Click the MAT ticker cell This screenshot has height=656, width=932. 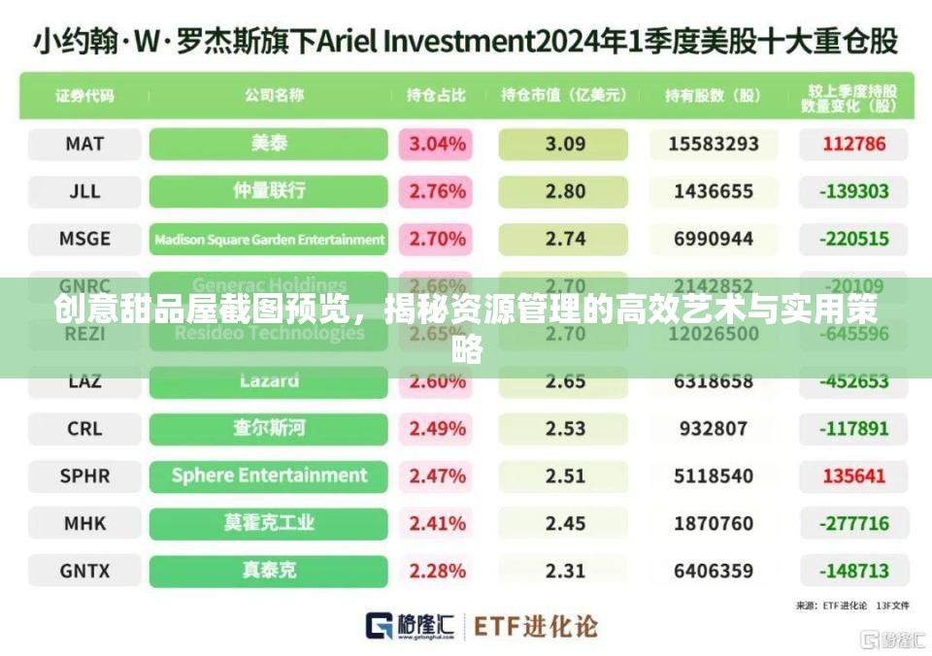(x=84, y=144)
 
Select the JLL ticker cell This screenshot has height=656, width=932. (x=84, y=191)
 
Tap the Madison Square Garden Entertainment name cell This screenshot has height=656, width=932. (x=269, y=239)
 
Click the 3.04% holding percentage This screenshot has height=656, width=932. (x=437, y=144)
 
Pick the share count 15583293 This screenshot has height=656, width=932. (x=714, y=144)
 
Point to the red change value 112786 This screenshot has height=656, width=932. (x=854, y=144)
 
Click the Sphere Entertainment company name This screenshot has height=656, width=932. (x=269, y=476)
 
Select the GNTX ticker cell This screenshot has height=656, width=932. (x=84, y=571)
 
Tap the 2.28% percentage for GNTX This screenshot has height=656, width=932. (x=437, y=571)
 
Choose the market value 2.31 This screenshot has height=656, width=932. (x=565, y=571)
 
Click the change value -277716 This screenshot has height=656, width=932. (x=854, y=523)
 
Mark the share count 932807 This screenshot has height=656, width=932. (x=714, y=428)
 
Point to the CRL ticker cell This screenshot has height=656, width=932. (x=84, y=428)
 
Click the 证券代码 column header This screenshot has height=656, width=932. (x=84, y=95)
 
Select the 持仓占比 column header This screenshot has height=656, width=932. (x=436, y=95)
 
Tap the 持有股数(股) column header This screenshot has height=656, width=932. (x=713, y=95)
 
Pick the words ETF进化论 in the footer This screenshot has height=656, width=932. (x=535, y=626)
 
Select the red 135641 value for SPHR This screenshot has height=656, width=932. (x=854, y=476)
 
